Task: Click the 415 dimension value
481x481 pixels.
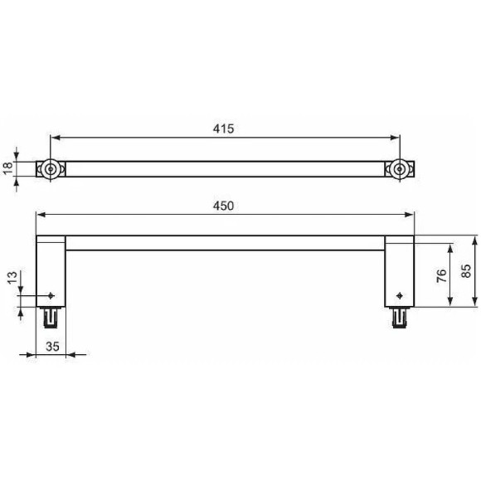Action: tap(224, 129)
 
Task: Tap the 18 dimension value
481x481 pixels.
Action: tap(9, 168)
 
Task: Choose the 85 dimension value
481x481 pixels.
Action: tap(466, 272)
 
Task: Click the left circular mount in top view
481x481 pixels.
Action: tap(51, 169)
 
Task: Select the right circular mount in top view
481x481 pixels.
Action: tap(400, 169)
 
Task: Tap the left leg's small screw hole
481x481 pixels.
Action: tap(52, 295)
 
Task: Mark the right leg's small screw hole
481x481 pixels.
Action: tap(401, 295)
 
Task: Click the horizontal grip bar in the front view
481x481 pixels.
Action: tap(224, 243)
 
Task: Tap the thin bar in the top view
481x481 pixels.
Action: tap(224, 169)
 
